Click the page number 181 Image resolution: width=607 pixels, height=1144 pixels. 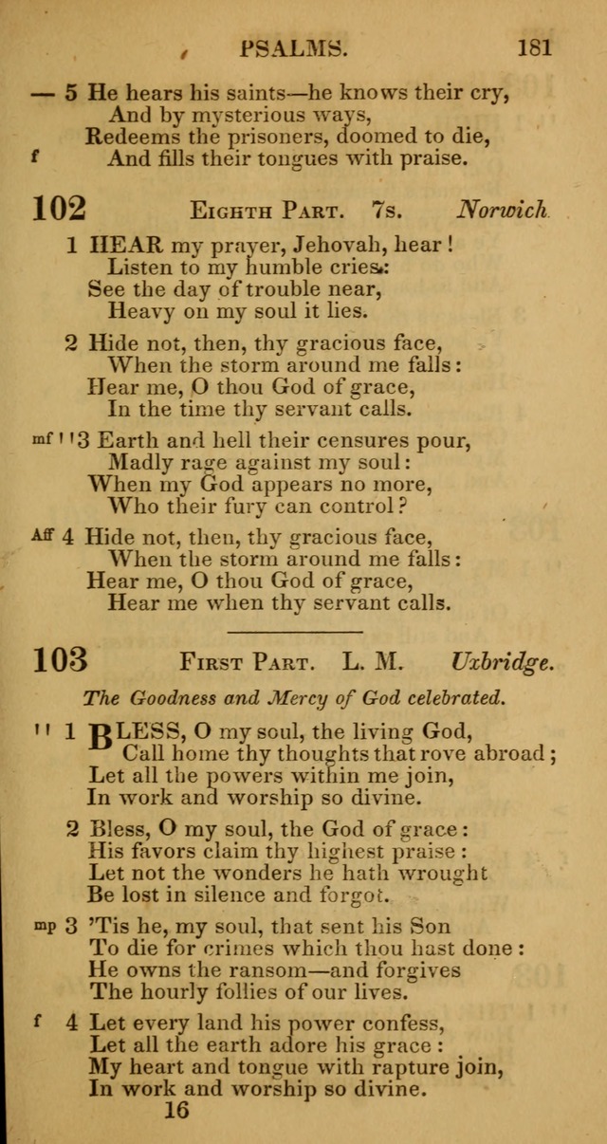point(534,46)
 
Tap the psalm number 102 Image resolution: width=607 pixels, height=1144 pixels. point(59,208)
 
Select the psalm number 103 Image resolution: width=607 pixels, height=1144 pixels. point(59,659)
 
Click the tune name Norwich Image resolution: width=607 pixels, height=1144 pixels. point(503,210)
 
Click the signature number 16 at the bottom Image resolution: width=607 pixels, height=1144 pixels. point(175,1110)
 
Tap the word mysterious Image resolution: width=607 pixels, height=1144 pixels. point(253,115)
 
